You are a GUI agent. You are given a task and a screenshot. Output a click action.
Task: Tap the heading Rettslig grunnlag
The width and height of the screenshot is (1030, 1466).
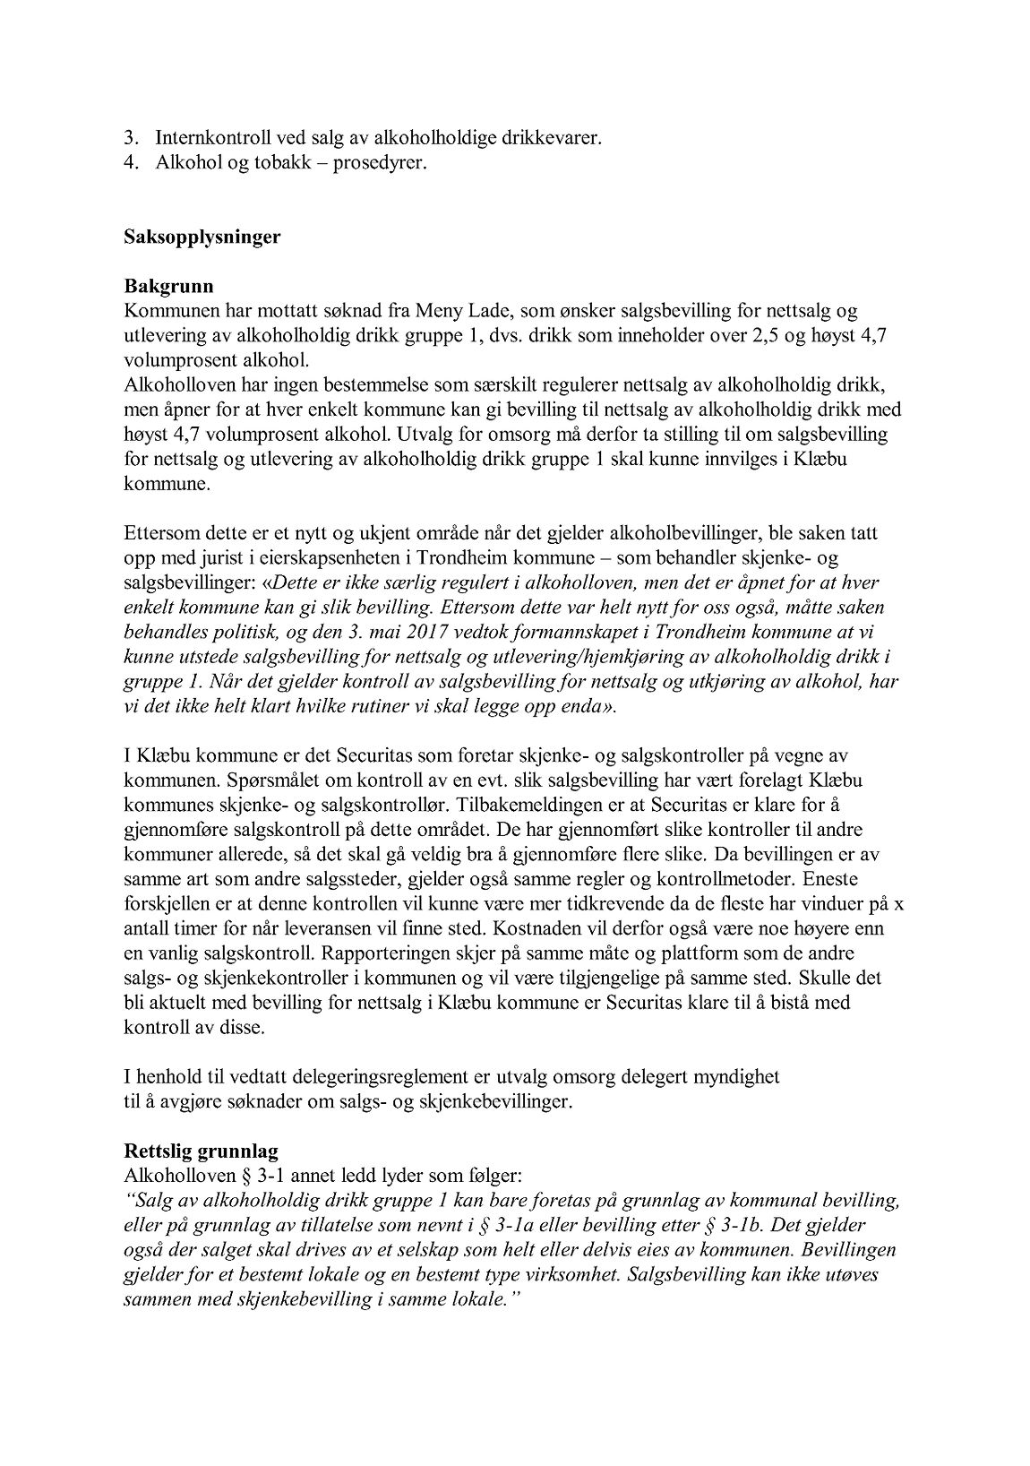193,1149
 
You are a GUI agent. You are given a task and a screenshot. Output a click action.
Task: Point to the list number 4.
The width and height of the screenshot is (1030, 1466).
130,164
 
